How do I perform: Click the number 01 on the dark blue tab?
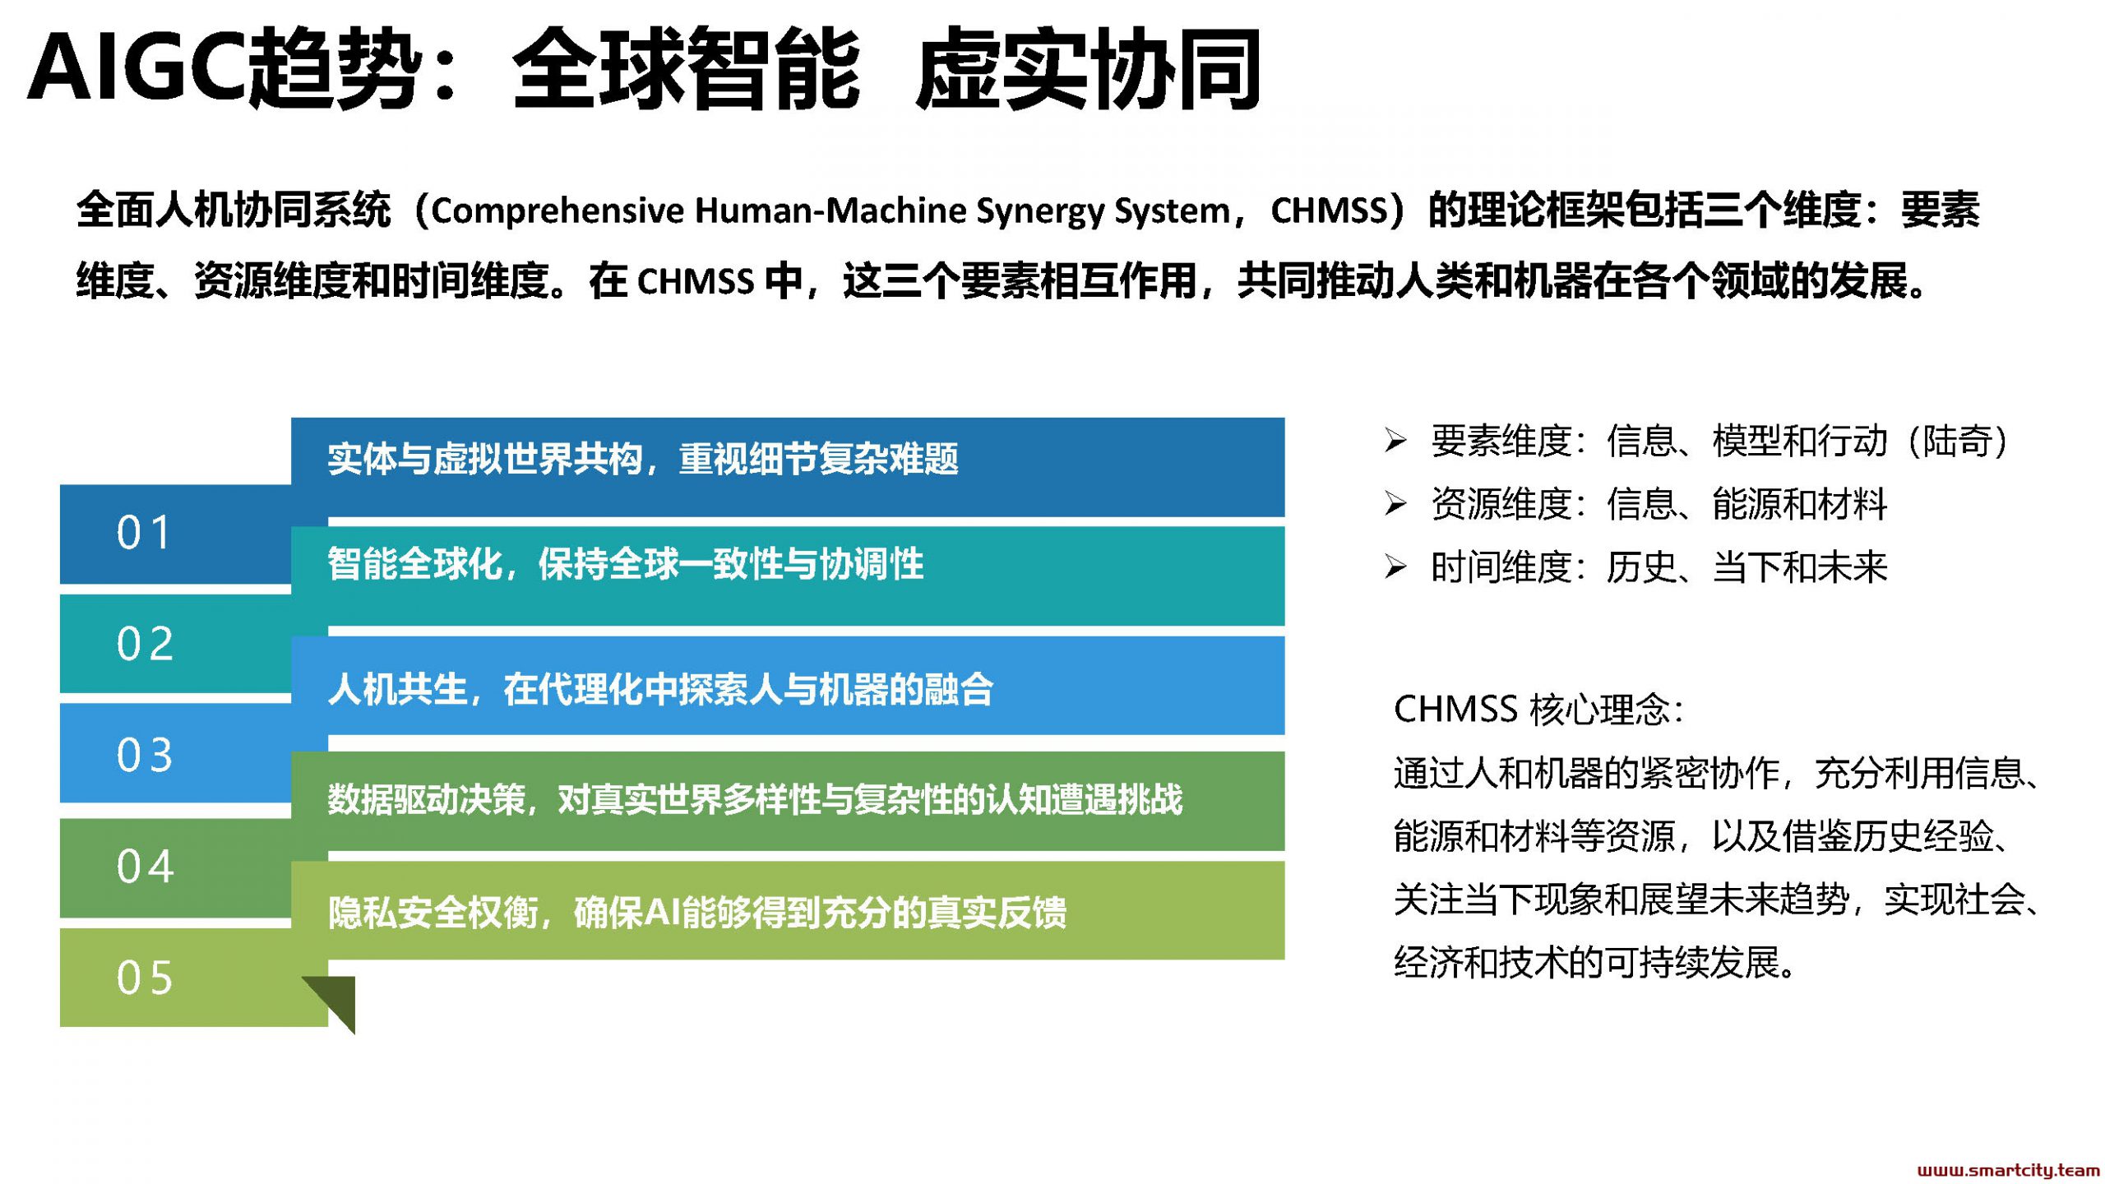point(144,533)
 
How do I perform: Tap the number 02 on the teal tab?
point(145,644)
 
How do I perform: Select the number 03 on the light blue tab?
point(145,755)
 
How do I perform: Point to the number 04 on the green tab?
point(146,867)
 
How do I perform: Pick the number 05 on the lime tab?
point(145,978)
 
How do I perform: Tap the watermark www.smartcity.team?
point(2007,1170)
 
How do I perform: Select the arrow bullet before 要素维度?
point(1395,441)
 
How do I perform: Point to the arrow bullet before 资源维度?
point(1395,503)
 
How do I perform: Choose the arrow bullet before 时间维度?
point(1395,567)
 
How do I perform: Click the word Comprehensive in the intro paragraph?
point(557,211)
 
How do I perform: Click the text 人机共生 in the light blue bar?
point(397,689)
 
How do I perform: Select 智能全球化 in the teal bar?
point(415,564)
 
